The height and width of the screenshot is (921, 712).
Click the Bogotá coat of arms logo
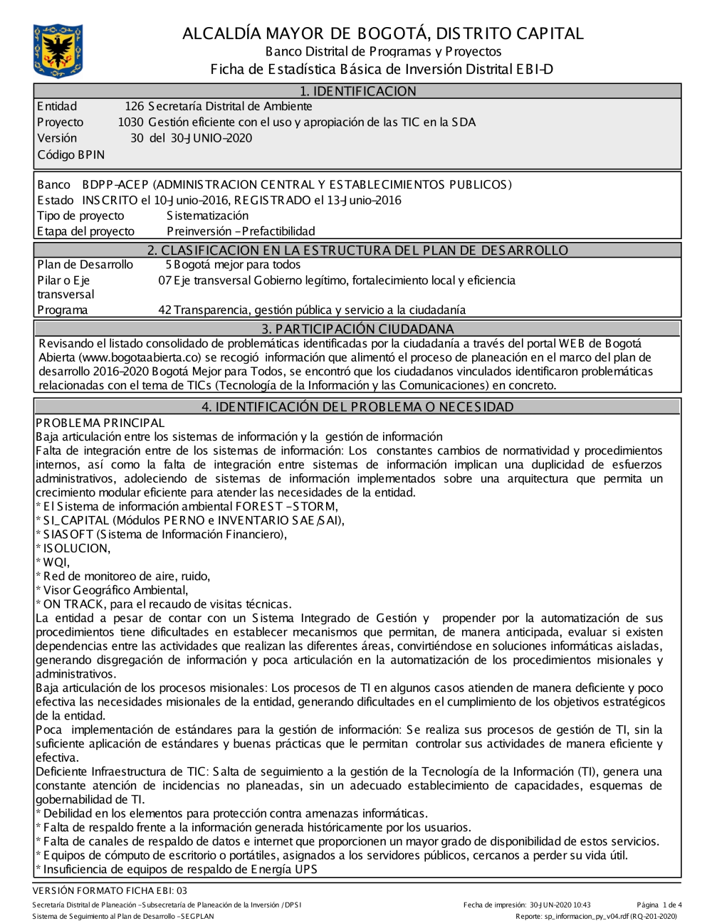click(58, 51)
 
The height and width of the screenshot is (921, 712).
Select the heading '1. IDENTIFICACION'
click(357, 91)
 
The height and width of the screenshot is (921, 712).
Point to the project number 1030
click(130, 122)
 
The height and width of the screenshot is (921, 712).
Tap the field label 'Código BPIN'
click(70, 154)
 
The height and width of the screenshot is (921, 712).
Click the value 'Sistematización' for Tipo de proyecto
click(207, 216)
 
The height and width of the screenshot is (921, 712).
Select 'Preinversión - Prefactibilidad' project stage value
click(241, 231)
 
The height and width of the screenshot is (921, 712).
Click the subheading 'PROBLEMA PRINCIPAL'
click(100, 423)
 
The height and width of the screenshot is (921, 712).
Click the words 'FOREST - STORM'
click(286, 507)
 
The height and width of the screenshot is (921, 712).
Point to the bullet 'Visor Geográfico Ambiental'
click(115, 590)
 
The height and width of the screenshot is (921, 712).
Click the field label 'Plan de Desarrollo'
click(85, 265)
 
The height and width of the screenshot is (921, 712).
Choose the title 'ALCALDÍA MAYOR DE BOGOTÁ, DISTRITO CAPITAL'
click(382, 33)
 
